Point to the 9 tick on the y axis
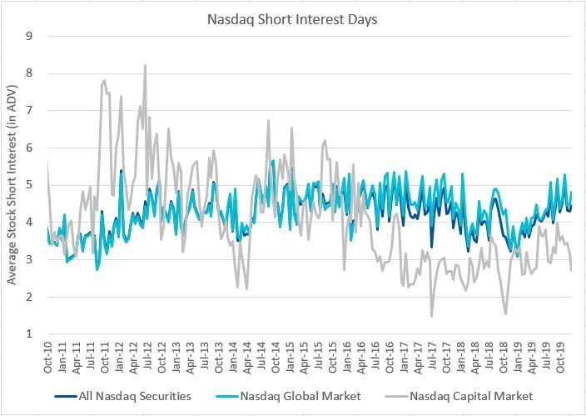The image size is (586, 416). tap(29, 36)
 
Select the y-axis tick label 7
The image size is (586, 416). tap(29, 110)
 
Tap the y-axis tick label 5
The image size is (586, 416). tap(29, 185)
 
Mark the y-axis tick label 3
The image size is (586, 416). tap(29, 259)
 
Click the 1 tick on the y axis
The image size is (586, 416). tap(29, 334)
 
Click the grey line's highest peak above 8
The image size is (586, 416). tap(145, 65)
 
